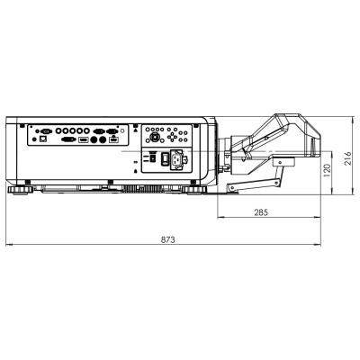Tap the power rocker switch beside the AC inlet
tap(165, 158)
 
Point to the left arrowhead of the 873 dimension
tap(7, 244)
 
